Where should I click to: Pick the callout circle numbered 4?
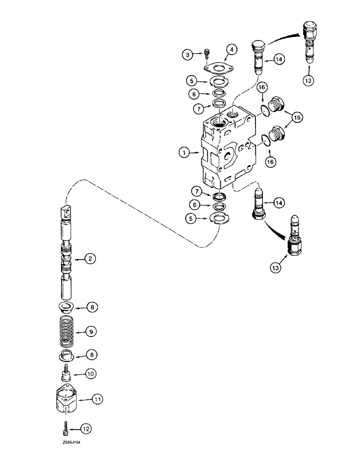click(x=232, y=49)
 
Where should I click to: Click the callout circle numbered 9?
click(x=92, y=332)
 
